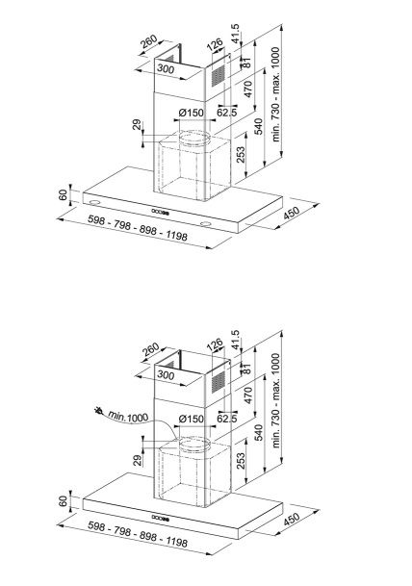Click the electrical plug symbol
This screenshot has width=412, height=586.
(x=99, y=411)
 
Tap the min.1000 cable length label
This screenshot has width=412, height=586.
(x=128, y=416)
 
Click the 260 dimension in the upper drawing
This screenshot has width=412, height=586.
(x=149, y=42)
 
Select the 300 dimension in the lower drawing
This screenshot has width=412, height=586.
(x=166, y=374)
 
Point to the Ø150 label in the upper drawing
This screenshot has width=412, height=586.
(x=191, y=113)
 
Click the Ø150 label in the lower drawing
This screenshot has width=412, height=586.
(x=191, y=419)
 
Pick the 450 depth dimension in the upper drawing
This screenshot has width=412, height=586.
(x=292, y=213)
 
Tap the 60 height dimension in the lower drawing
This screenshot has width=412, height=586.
(x=64, y=501)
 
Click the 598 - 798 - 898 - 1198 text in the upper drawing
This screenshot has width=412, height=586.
(x=138, y=228)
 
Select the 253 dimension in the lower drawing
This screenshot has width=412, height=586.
(x=242, y=461)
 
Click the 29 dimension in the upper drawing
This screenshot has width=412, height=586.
(x=138, y=124)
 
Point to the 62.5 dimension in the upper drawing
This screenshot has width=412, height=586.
(x=227, y=113)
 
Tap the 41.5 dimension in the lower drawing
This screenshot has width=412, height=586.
(x=235, y=340)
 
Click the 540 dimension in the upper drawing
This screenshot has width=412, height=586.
(x=259, y=126)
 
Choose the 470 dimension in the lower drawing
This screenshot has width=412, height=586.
(x=247, y=395)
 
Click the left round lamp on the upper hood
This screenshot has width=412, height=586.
(x=93, y=202)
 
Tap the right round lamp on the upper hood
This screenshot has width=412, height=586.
(x=205, y=224)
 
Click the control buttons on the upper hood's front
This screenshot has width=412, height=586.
(x=161, y=212)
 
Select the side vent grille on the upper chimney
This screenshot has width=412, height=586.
(x=219, y=76)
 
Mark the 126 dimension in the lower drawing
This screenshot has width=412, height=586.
(x=215, y=344)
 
